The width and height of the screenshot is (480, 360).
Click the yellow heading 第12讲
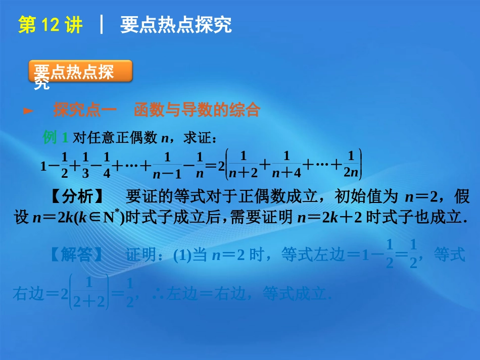pyautogui.click(x=50, y=25)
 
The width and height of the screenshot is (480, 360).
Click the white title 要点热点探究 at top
pyautogui.click(x=176, y=25)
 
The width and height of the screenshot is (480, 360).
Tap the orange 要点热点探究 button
pyautogui.click(x=81, y=72)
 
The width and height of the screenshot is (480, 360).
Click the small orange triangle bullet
pyautogui.click(x=29, y=110)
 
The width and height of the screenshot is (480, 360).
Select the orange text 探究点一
pyautogui.click(x=85, y=110)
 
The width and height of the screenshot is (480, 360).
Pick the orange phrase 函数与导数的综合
pyautogui.click(x=197, y=110)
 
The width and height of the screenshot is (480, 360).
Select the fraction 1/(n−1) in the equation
pyautogui.click(x=167, y=165)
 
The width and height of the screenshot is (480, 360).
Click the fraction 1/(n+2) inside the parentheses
pyautogui.click(x=243, y=165)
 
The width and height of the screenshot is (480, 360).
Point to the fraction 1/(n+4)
pyautogui.click(x=286, y=165)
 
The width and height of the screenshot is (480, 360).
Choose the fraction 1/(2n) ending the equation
pyautogui.click(x=351, y=165)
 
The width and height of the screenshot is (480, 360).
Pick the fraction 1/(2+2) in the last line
pyautogui.click(x=88, y=293)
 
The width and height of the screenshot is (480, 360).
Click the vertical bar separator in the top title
pyautogui.click(x=103, y=25)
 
